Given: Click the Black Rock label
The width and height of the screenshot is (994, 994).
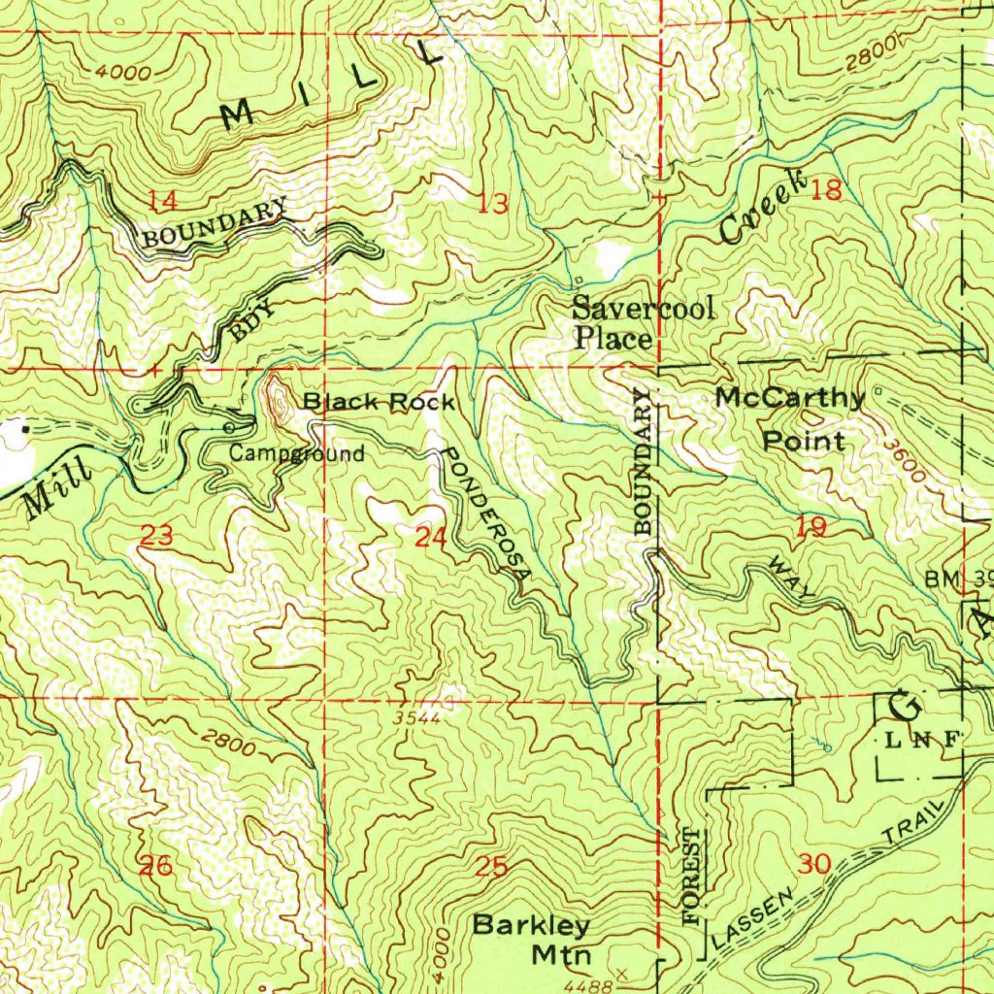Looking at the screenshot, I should (x=378, y=402).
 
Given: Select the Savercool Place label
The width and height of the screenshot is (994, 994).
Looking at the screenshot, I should (x=643, y=323).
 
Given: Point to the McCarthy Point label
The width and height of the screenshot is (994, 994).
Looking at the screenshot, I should (x=790, y=418).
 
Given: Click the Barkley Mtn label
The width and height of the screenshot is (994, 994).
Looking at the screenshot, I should (x=532, y=939).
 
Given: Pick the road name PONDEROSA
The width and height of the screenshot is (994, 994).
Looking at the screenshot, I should (x=486, y=514).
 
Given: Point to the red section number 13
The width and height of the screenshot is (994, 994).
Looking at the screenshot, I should (x=493, y=204).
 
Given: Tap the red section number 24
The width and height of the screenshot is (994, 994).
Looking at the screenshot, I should (x=429, y=537).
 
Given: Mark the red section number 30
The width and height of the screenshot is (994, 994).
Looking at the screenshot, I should (x=816, y=863).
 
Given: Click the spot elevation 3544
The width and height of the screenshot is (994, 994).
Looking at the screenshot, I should (x=417, y=719).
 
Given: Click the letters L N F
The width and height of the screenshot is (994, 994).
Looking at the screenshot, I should (x=922, y=740).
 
